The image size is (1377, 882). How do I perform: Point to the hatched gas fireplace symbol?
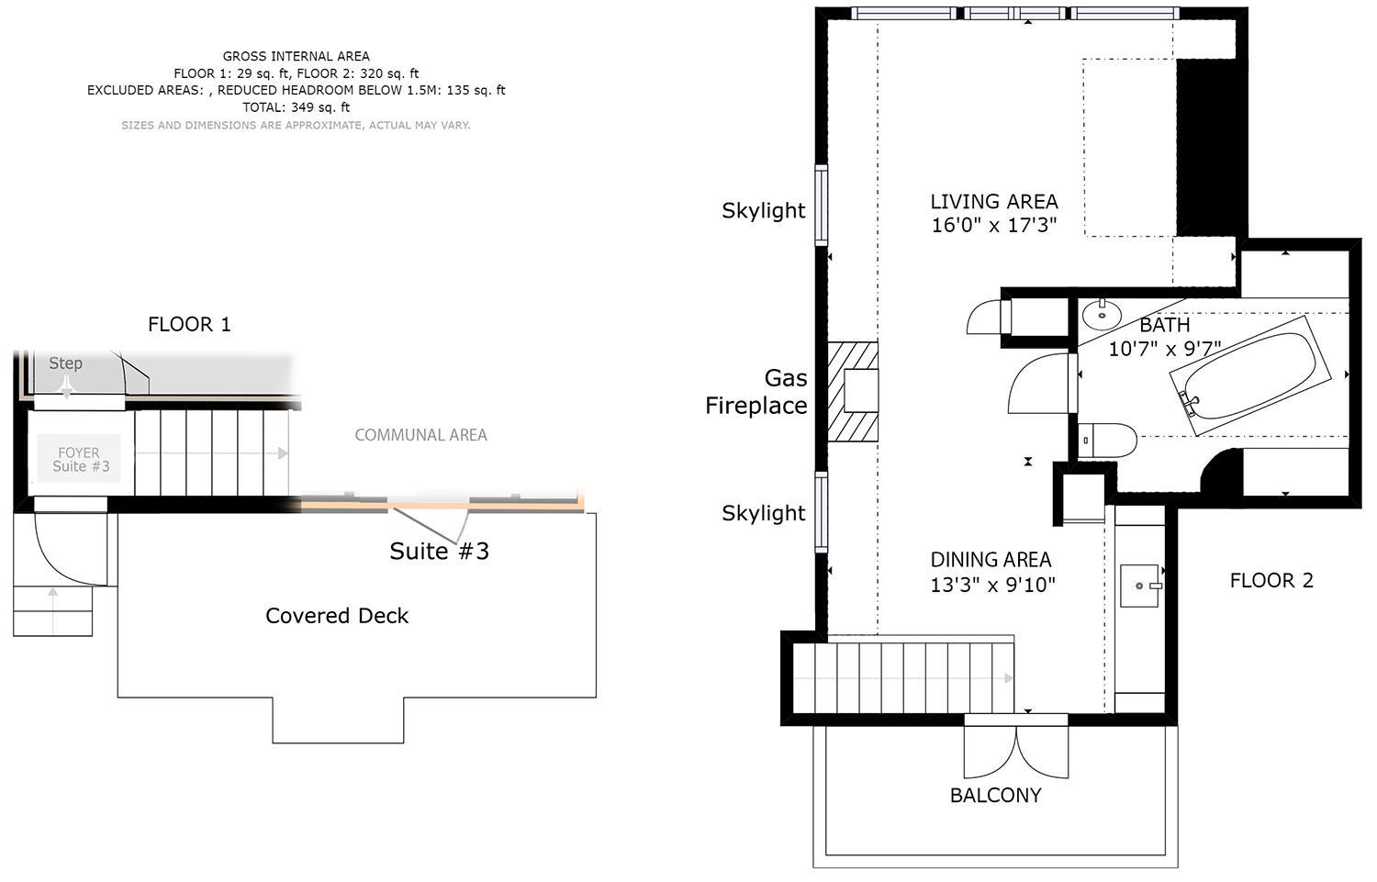(x=853, y=391)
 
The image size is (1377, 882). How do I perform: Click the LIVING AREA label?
(x=994, y=202)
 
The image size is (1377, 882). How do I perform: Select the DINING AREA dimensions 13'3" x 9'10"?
(x=992, y=585)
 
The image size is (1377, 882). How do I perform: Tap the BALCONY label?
(x=996, y=796)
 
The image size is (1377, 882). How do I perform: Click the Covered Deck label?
(x=337, y=616)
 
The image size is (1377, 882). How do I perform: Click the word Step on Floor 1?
(x=66, y=363)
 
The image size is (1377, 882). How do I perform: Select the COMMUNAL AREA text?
(x=421, y=435)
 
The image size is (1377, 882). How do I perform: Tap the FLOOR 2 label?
(x=1271, y=581)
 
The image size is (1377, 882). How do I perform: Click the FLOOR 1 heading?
(x=189, y=325)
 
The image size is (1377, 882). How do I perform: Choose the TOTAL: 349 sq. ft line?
(x=297, y=107)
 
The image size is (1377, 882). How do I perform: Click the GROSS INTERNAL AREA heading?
(x=297, y=57)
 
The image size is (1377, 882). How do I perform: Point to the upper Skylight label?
(x=764, y=210)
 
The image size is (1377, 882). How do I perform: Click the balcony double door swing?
(x=1016, y=753)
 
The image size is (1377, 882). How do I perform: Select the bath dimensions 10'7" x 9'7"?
(x=1164, y=349)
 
